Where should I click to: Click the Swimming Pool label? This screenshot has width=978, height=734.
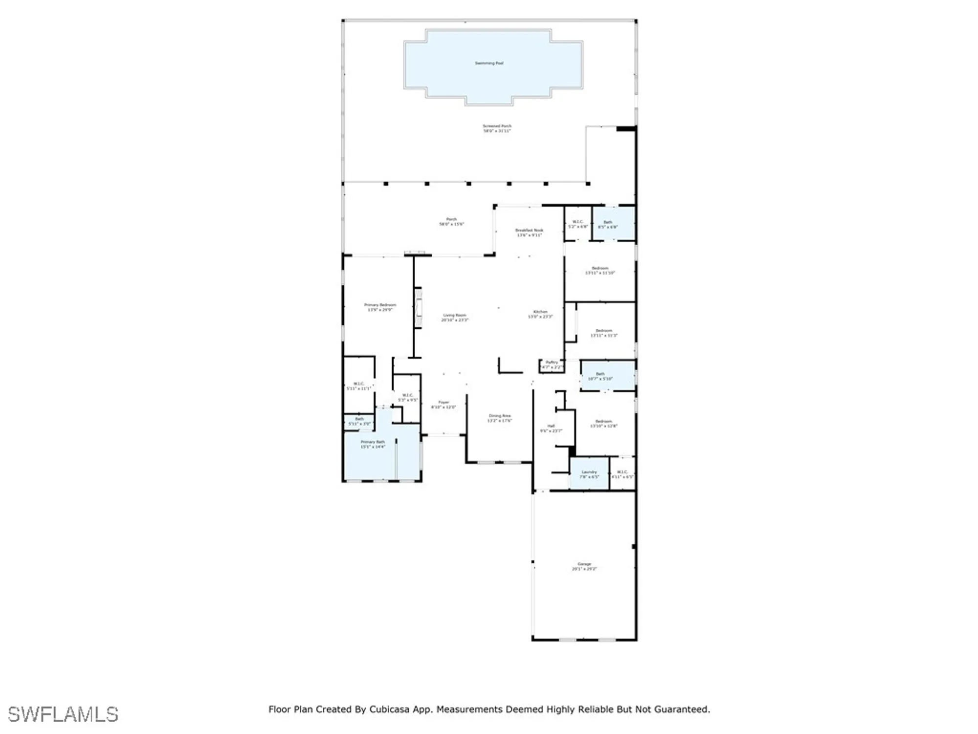coord(489,63)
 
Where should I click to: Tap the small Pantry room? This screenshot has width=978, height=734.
coord(552,365)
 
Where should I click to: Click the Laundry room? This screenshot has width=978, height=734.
coord(589,474)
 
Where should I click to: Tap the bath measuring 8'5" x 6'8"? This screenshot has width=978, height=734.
coord(608,224)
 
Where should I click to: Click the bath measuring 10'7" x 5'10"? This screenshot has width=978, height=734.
coord(600,376)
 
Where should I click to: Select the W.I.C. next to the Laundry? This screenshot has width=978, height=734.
coord(622,474)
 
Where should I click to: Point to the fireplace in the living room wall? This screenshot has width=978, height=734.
coord(418,308)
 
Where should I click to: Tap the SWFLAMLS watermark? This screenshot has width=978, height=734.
coord(63,714)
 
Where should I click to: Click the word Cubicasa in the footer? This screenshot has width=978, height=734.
coord(389,709)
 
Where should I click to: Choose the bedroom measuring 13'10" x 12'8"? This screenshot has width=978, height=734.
coord(603,423)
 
